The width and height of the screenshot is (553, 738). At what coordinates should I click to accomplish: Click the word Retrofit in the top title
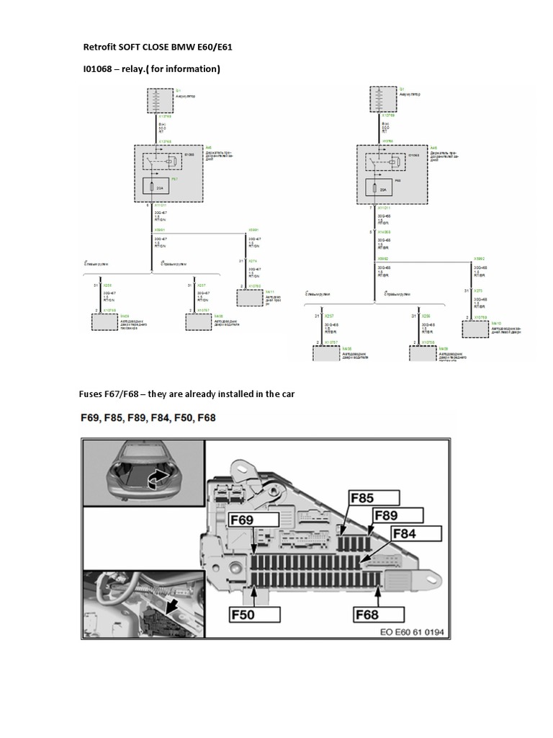(x=102, y=47)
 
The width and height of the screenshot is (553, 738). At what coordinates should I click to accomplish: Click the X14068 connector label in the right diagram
(x=385, y=232)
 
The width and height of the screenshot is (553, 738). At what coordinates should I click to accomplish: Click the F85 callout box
(x=373, y=497)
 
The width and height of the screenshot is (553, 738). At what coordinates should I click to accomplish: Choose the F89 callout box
(x=397, y=515)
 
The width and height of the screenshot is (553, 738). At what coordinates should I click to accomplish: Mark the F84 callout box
(x=413, y=534)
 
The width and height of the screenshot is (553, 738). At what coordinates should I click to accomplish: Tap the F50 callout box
(x=256, y=615)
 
